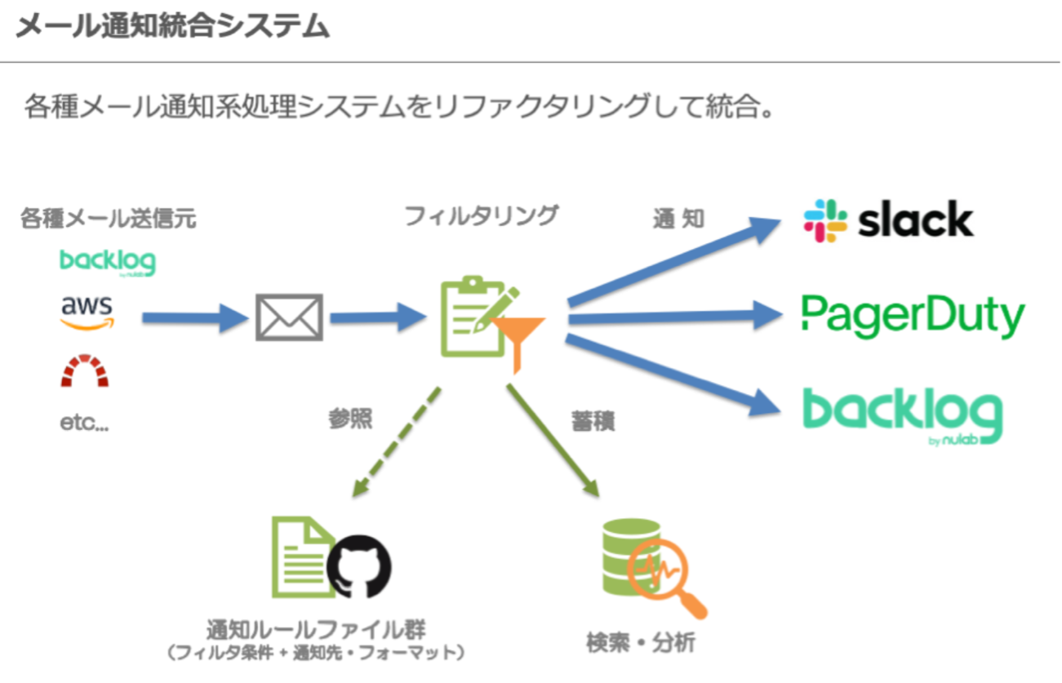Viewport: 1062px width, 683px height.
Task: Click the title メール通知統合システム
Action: pyautogui.click(x=172, y=27)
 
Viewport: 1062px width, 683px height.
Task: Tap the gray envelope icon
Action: pyautogui.click(x=289, y=317)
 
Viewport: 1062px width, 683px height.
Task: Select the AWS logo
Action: pyautogui.click(x=87, y=312)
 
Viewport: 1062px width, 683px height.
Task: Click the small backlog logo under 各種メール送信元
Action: pyautogui.click(x=107, y=262)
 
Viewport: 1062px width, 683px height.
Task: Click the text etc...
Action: pyautogui.click(x=84, y=424)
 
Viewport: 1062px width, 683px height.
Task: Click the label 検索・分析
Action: pyautogui.click(x=641, y=642)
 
